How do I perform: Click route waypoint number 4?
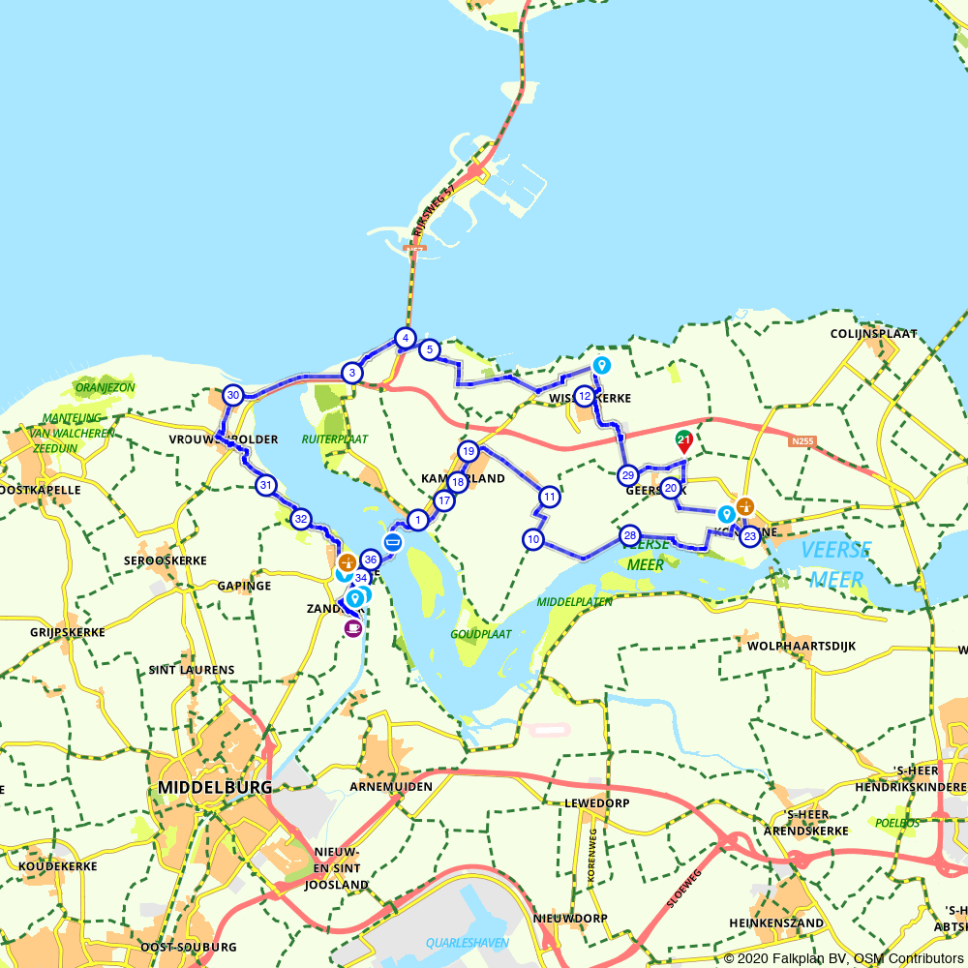point(406,339)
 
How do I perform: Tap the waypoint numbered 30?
point(232,395)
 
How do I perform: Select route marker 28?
point(630,535)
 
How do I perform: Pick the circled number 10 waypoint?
point(533,539)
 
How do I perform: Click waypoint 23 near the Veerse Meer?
point(749,536)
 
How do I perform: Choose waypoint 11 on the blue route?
point(549,498)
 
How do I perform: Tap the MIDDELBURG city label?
point(216,786)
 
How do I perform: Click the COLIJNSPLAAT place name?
point(873,334)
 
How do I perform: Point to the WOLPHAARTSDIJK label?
point(801,646)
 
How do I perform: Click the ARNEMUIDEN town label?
point(391,786)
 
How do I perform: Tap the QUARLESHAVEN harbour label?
point(468,942)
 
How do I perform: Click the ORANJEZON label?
point(105,387)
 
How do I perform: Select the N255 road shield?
point(802,441)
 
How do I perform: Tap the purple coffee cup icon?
point(353,628)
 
